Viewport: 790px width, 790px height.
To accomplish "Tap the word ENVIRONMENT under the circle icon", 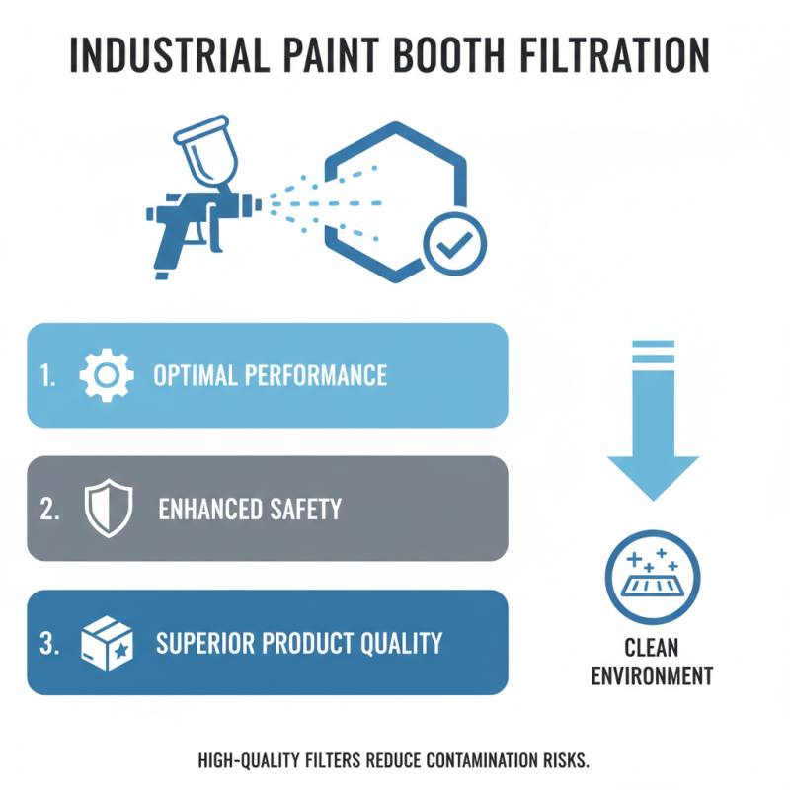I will click(x=652, y=676).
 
